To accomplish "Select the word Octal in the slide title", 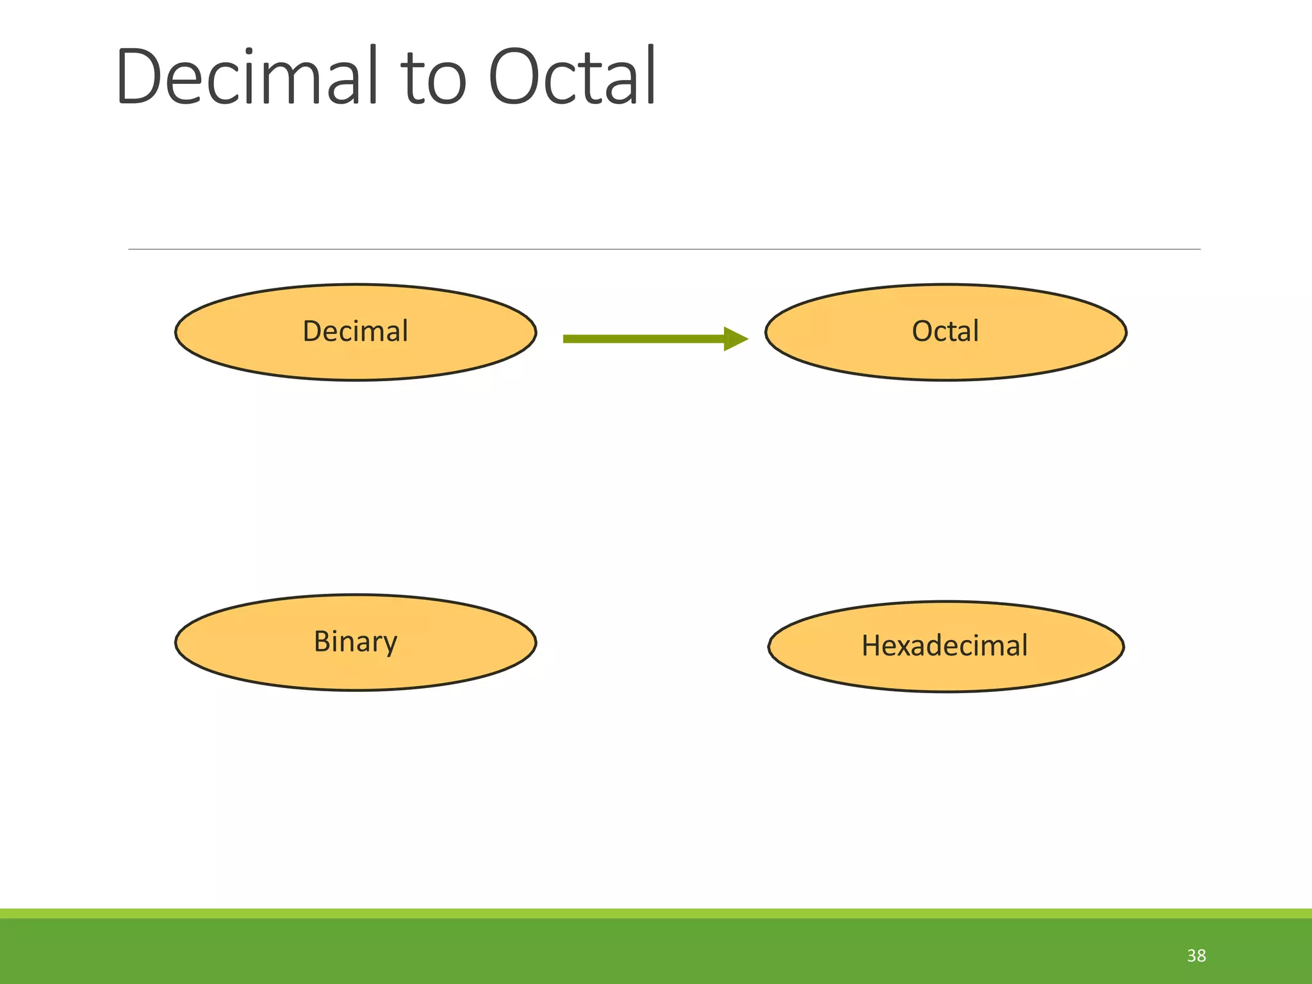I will click(572, 77).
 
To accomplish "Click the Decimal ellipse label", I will click(355, 331).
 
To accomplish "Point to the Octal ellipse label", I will click(945, 331).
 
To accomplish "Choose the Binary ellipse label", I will click(355, 641).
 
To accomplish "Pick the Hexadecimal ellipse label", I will click(944, 645).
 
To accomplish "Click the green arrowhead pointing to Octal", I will click(735, 339).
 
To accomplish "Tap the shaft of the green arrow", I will click(641, 339).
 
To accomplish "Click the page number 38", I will click(1196, 956).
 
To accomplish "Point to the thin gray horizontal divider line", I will click(664, 249).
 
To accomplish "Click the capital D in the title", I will click(137, 77).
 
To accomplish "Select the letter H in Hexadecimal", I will click(873, 645).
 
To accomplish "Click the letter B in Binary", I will click(322, 641).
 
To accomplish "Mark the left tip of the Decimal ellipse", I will click(177, 332).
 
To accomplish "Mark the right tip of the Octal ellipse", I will click(1125, 332).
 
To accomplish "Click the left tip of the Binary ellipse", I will click(177, 643).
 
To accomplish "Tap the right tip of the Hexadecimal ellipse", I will click(1123, 646).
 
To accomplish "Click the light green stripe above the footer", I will click(656, 914).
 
